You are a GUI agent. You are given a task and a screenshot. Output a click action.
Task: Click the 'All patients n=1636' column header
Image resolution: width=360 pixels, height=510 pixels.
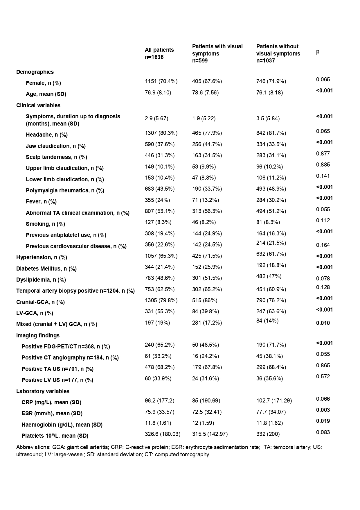click(159, 53)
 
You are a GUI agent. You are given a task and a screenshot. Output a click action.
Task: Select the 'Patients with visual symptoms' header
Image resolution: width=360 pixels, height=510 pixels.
click(217, 53)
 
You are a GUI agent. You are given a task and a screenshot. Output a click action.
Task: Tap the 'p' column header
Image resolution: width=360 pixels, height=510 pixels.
click(318, 52)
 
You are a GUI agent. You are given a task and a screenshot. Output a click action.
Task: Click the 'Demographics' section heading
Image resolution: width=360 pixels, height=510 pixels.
click(35, 72)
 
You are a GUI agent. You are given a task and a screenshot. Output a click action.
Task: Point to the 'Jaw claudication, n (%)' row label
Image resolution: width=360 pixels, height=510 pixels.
click(56, 146)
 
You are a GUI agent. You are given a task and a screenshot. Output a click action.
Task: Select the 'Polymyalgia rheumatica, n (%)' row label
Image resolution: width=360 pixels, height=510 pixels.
click(65, 191)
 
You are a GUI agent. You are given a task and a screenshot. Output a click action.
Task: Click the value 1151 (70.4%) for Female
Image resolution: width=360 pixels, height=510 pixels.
click(161, 81)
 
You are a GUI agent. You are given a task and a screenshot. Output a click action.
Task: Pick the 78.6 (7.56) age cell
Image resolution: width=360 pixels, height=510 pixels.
click(205, 93)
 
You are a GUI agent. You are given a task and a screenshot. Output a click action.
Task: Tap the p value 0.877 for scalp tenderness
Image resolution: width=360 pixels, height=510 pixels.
click(323, 154)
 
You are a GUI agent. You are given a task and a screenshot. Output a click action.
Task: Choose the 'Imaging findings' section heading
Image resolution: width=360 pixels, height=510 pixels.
click(38, 335)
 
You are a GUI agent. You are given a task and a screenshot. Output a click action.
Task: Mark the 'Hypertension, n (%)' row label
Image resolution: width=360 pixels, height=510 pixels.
click(42, 257)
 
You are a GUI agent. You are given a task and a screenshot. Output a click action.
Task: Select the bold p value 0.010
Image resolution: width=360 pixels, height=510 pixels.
click(323, 323)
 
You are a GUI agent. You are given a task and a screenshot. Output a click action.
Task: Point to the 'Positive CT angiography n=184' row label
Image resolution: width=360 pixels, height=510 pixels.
click(70, 358)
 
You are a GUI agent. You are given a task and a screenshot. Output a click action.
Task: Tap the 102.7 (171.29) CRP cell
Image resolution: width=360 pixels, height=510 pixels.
click(274, 401)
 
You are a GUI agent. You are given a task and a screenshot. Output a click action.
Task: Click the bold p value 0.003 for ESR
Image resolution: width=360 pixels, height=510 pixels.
click(323, 410)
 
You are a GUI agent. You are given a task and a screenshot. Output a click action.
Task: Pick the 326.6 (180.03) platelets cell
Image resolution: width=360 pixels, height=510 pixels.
click(163, 434)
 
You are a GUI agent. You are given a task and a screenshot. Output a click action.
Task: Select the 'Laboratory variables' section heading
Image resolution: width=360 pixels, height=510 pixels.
click(43, 391)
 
